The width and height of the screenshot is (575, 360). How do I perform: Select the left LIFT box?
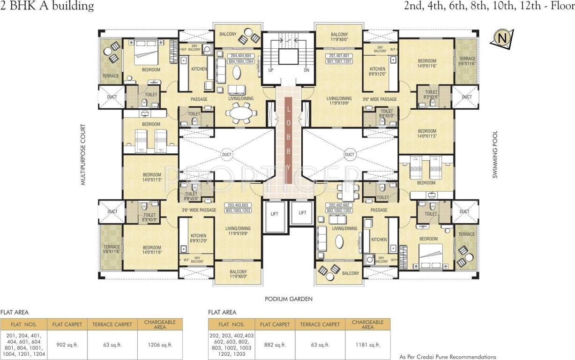pyautogui.click(x=275, y=213)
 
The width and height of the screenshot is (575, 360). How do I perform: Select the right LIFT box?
pyautogui.click(x=302, y=213)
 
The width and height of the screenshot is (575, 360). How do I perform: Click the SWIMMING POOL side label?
pyautogui.click(x=495, y=154)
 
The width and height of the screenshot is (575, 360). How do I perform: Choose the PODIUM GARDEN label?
pyautogui.click(x=288, y=299)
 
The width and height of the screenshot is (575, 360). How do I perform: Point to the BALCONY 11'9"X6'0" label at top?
pyautogui.click(x=339, y=37)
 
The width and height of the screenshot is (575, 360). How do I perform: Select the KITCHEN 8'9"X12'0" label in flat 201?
pyautogui.click(x=377, y=71)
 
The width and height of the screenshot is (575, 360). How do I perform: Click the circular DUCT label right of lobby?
pyautogui.click(x=350, y=154)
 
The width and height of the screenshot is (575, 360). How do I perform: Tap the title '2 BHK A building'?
pyautogui.click(x=47, y=6)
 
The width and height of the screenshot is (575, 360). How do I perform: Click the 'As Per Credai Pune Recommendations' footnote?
pyautogui.click(x=448, y=357)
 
